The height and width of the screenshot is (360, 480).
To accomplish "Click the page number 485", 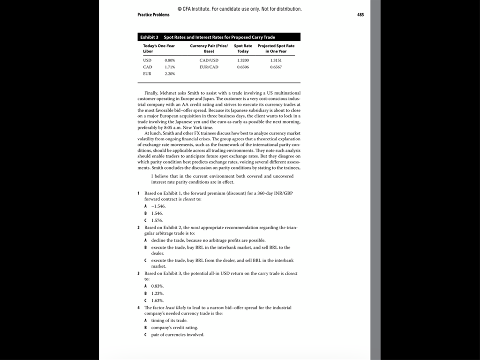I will pyautogui.click(x=360, y=15).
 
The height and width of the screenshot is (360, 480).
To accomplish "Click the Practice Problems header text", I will pyautogui.click(x=153, y=15).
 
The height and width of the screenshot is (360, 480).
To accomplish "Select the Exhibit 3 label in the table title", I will pyautogui.click(x=149, y=37).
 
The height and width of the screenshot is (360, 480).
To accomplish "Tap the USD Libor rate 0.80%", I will pyautogui.click(x=170, y=60).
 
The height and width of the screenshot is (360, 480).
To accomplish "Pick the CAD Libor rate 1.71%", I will pyautogui.click(x=170, y=67).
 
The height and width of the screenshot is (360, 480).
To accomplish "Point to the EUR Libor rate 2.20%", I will pyautogui.click(x=170, y=74).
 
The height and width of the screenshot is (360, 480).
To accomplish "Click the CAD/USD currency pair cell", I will pyautogui.click(x=209, y=60).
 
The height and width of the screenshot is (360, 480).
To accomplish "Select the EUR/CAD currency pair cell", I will pyautogui.click(x=209, y=67).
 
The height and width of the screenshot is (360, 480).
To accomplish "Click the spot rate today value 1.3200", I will pyautogui.click(x=243, y=60).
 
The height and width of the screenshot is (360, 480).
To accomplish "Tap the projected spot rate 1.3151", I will pyautogui.click(x=276, y=60).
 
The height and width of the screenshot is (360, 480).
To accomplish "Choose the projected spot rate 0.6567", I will pyautogui.click(x=276, y=67).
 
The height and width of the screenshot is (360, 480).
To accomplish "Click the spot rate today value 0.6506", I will pyautogui.click(x=243, y=67).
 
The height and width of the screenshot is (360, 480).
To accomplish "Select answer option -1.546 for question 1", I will pyautogui.click(x=158, y=206).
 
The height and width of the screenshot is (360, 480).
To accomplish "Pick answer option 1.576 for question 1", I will pyautogui.click(x=157, y=220).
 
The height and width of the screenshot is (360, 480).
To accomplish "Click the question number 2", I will pyautogui.click(x=139, y=227).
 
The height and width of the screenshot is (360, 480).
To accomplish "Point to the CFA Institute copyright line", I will pyautogui.click(x=240, y=9).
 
